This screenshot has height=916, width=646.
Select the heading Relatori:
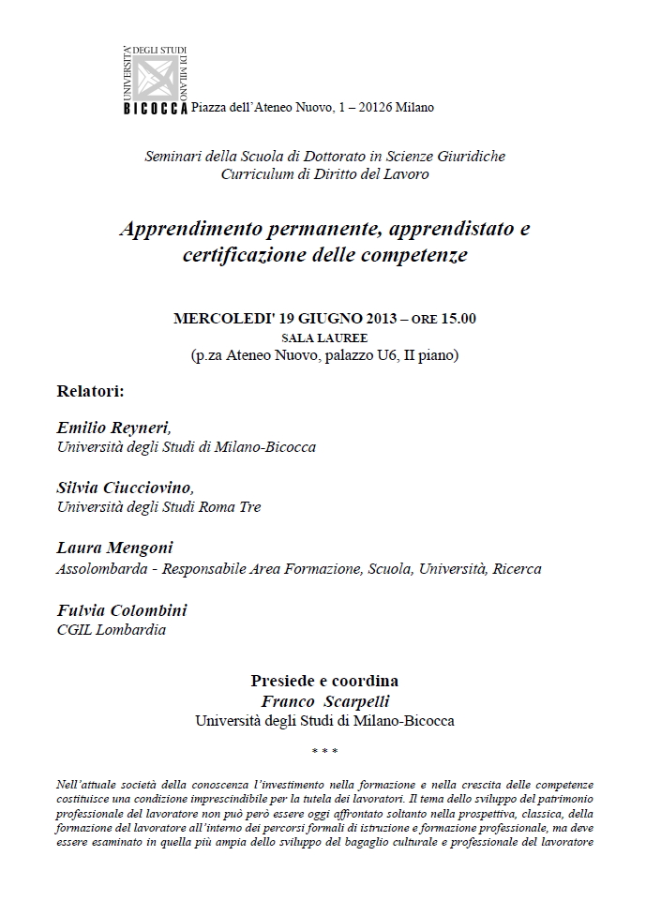coord(91,390)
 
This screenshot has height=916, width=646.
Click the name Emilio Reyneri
coord(113,428)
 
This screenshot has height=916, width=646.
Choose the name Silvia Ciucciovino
coord(125,488)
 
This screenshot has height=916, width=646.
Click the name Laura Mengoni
coord(114,548)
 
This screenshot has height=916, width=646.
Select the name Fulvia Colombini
coord(122,610)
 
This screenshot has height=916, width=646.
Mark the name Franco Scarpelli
coord(324,700)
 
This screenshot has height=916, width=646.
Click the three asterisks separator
coord(324,751)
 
